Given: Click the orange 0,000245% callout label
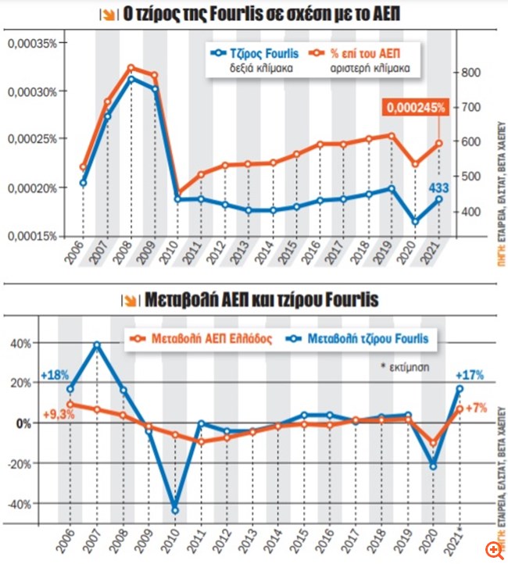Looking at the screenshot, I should pyautogui.click(x=415, y=107).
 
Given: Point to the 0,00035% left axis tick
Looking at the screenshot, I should pyautogui.click(x=32, y=43).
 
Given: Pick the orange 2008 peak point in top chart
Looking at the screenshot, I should pyautogui.click(x=131, y=68).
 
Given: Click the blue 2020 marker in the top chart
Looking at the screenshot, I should pyautogui.click(x=416, y=221).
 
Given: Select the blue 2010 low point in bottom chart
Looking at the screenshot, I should pyautogui.click(x=175, y=510).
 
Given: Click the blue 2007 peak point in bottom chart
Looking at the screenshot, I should pyautogui.click(x=98, y=344).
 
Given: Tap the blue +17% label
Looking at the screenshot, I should pyautogui.click(x=468, y=375).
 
